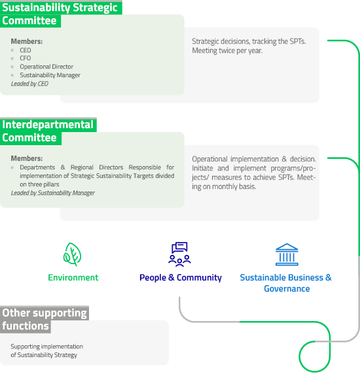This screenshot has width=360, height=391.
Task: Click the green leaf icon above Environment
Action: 72,254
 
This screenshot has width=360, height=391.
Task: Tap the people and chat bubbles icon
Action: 179,254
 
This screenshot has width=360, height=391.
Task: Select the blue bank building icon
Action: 287,254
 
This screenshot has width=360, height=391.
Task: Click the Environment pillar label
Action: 73,277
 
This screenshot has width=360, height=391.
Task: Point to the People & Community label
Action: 181,277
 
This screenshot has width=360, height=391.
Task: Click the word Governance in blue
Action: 287,289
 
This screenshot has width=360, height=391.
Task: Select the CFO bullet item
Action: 26,58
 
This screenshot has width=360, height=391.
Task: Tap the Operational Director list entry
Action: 46,67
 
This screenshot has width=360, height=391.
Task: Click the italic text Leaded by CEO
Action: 29,84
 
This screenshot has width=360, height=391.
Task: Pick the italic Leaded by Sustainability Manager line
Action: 52,193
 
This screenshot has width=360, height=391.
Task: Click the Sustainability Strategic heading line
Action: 60,7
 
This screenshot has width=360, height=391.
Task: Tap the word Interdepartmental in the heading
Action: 48,125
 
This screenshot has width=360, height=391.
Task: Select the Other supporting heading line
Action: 45,313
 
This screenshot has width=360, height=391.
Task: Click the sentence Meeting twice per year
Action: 227,50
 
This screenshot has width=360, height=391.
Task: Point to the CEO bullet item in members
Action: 26,50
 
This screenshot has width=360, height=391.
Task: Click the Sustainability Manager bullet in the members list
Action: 50,75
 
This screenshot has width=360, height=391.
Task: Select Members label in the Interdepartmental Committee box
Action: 27,158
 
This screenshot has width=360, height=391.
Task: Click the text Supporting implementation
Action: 46,347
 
